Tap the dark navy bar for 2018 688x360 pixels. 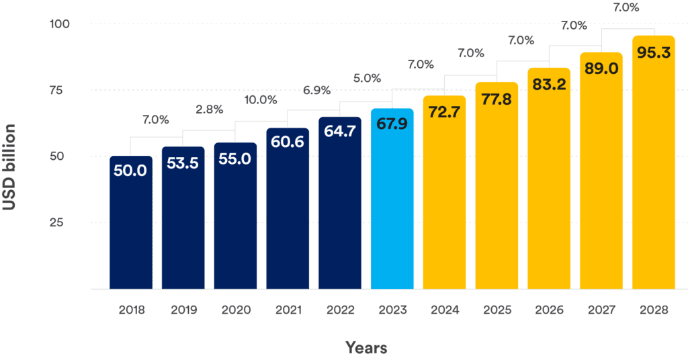pos(131,228)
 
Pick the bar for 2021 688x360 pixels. pos(288,215)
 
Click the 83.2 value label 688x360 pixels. pos(549,85)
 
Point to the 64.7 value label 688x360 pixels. pos(340,132)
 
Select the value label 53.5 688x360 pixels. pos(183,163)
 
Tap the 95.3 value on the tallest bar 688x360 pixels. pos(654,52)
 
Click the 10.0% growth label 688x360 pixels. pos(260,100)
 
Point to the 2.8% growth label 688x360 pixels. pos(209,109)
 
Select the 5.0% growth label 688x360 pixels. pos(367,79)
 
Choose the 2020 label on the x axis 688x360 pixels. pos(235,310)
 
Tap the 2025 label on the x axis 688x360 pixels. pos(497,310)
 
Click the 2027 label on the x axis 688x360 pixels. pos(601,310)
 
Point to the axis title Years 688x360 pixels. pos(366,348)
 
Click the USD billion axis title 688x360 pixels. pos(9,167)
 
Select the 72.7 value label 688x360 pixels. pos(444,111)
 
